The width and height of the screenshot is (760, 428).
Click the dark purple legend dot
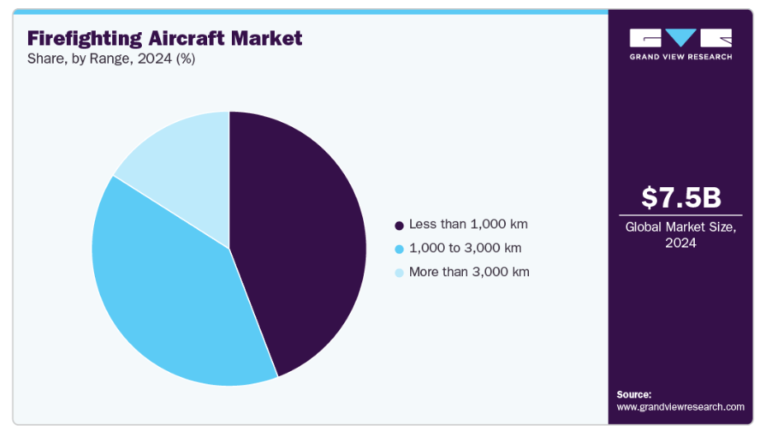(399, 226)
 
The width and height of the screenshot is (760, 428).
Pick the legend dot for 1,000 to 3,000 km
(399, 249)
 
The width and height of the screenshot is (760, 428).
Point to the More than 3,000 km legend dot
(399, 273)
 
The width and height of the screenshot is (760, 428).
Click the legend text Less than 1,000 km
(468, 224)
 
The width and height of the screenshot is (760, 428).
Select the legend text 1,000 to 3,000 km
(465, 248)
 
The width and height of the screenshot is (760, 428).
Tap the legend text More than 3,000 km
(470, 271)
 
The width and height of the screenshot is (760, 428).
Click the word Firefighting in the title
(85, 39)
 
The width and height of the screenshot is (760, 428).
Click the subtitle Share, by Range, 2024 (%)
(111, 59)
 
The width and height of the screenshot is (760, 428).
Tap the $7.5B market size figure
(681, 198)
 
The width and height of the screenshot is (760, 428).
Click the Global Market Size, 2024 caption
(681, 235)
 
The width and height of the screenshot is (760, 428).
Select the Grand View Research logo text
(681, 57)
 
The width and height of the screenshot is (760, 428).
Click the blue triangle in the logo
(681, 37)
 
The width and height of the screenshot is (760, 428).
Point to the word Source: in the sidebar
(634, 394)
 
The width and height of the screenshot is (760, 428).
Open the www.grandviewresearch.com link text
(681, 407)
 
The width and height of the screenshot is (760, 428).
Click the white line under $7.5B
(681, 215)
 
